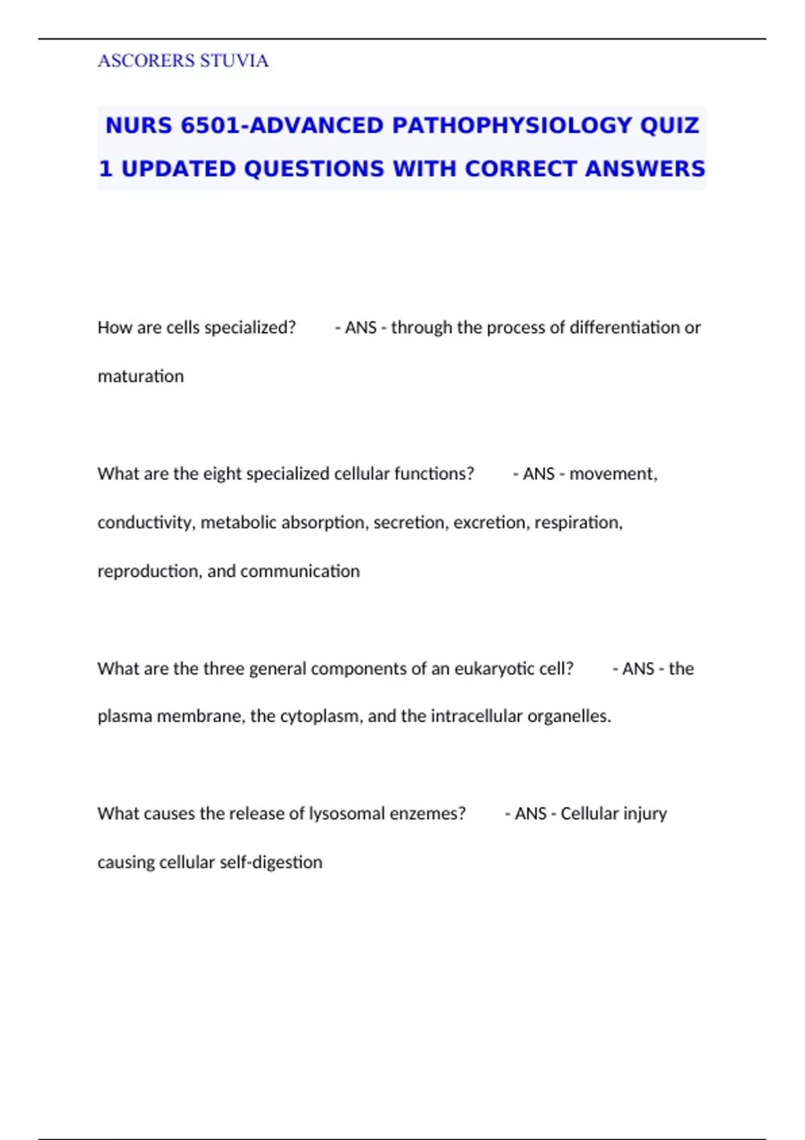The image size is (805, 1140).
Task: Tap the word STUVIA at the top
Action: pos(234,61)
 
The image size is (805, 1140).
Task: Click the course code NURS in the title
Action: pos(139,125)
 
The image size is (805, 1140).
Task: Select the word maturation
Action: pos(140,376)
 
